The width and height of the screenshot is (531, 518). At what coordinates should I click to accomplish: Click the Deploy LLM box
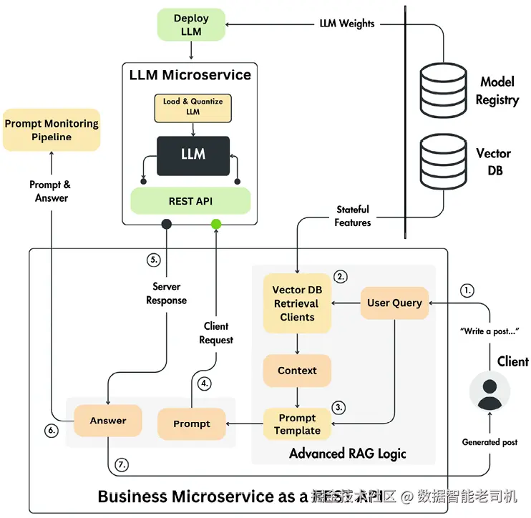point(192,24)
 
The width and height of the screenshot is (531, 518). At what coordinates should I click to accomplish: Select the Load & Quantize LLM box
point(193,107)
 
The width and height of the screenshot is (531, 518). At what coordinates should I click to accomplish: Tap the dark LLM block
point(193,154)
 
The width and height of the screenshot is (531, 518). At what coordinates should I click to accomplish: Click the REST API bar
point(190,201)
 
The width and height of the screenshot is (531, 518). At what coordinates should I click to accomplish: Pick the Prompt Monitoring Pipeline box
point(52,129)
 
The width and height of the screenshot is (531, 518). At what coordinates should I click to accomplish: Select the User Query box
point(394,303)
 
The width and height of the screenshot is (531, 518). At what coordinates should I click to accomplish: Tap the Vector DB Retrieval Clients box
point(297,303)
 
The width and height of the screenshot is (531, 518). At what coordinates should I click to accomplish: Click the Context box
point(297,371)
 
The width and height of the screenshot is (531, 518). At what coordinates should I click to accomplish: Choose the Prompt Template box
point(297,424)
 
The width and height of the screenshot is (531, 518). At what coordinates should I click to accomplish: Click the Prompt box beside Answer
point(192,424)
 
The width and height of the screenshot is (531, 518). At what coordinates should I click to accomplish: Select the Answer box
point(108,421)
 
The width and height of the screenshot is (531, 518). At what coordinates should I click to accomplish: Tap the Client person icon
point(489,392)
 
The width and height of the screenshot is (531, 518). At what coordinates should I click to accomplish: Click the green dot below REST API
point(216,224)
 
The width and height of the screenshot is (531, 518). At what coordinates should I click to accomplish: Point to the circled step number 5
point(153,260)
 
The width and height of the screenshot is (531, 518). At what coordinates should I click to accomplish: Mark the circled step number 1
point(467,290)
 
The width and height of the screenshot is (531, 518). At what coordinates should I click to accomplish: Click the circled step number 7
point(122,464)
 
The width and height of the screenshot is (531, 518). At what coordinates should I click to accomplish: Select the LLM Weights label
point(346,24)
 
